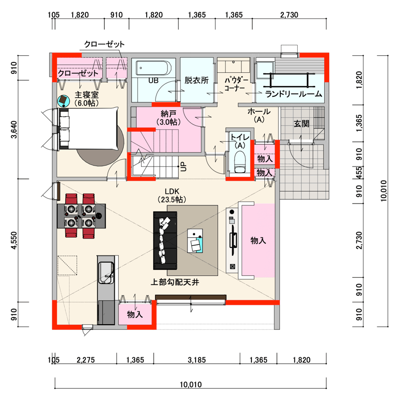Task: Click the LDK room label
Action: (x=172, y=195)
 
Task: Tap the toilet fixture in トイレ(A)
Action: (x=240, y=162)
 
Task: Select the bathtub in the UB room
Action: (x=153, y=68)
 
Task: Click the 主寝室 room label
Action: (x=86, y=99)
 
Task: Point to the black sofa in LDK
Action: (x=165, y=240)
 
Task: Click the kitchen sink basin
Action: (x=106, y=273)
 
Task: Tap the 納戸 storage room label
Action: (x=169, y=118)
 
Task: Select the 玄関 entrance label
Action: (x=301, y=124)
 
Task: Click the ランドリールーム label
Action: (x=293, y=94)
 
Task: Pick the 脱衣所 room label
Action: (x=197, y=80)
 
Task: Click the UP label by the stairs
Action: (x=184, y=167)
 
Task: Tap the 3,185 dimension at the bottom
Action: (x=197, y=360)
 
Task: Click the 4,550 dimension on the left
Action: (x=14, y=240)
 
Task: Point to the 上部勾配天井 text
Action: (x=175, y=282)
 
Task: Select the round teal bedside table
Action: (x=63, y=101)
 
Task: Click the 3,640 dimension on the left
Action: (x=14, y=129)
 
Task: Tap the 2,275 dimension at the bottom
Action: (x=86, y=360)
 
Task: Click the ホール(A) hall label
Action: (x=259, y=115)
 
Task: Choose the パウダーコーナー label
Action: (x=236, y=84)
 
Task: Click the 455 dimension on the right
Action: (x=360, y=173)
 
